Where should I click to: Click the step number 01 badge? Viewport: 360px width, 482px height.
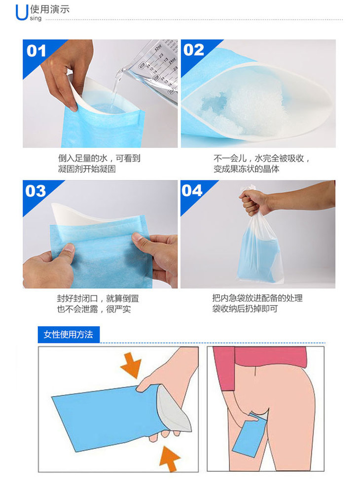(x=36, y=51)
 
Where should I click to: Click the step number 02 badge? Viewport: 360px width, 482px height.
(x=193, y=50)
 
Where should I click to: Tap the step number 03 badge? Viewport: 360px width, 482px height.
(x=36, y=191)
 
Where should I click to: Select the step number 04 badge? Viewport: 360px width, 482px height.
(x=192, y=190)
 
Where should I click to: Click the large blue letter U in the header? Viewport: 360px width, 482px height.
(x=22, y=12)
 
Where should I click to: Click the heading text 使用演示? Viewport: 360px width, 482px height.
(x=50, y=9)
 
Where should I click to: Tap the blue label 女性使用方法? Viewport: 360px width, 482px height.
(x=69, y=335)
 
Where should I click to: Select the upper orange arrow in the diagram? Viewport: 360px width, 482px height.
(x=131, y=365)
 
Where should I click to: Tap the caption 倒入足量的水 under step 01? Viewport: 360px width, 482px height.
(x=83, y=158)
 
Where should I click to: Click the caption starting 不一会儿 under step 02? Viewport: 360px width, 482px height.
(x=261, y=164)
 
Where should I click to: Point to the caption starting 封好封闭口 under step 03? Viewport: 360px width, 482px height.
(x=98, y=304)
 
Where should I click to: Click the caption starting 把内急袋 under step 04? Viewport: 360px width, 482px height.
(x=257, y=303)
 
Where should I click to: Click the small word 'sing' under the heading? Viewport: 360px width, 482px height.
(x=36, y=18)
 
